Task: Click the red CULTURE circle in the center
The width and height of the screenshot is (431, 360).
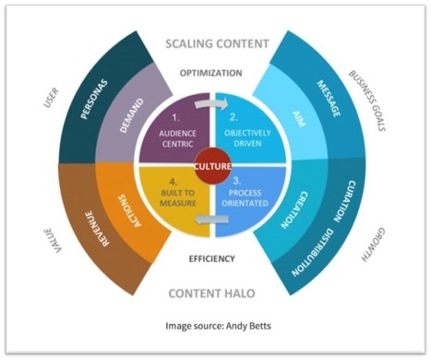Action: (212, 167)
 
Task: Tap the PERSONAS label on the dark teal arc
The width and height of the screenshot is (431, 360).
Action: (94, 99)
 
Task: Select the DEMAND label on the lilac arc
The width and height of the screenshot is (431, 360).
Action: (132, 115)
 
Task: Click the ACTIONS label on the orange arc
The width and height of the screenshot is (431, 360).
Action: (130, 210)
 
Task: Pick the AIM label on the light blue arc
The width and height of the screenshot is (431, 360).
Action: (299, 119)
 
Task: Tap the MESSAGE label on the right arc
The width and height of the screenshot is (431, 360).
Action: (329, 99)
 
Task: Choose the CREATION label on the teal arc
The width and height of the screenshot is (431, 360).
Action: (294, 210)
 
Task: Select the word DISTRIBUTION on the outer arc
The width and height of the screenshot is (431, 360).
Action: (312, 252)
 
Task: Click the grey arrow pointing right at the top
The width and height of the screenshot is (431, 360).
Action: (211, 104)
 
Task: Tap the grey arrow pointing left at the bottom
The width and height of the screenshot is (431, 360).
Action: (212, 220)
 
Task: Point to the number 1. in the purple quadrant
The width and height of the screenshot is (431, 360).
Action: (176, 117)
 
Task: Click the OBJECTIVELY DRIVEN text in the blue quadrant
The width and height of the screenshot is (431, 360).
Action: (247, 138)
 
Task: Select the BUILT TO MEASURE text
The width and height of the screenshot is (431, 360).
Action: (178, 198)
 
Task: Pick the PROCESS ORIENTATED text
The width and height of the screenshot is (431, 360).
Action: (245, 198)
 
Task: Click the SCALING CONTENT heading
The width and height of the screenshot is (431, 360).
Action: (217, 43)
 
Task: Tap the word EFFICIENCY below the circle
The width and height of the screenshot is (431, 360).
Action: (211, 258)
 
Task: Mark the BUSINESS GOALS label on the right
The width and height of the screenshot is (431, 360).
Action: (367, 101)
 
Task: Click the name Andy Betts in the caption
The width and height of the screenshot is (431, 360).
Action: (248, 326)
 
